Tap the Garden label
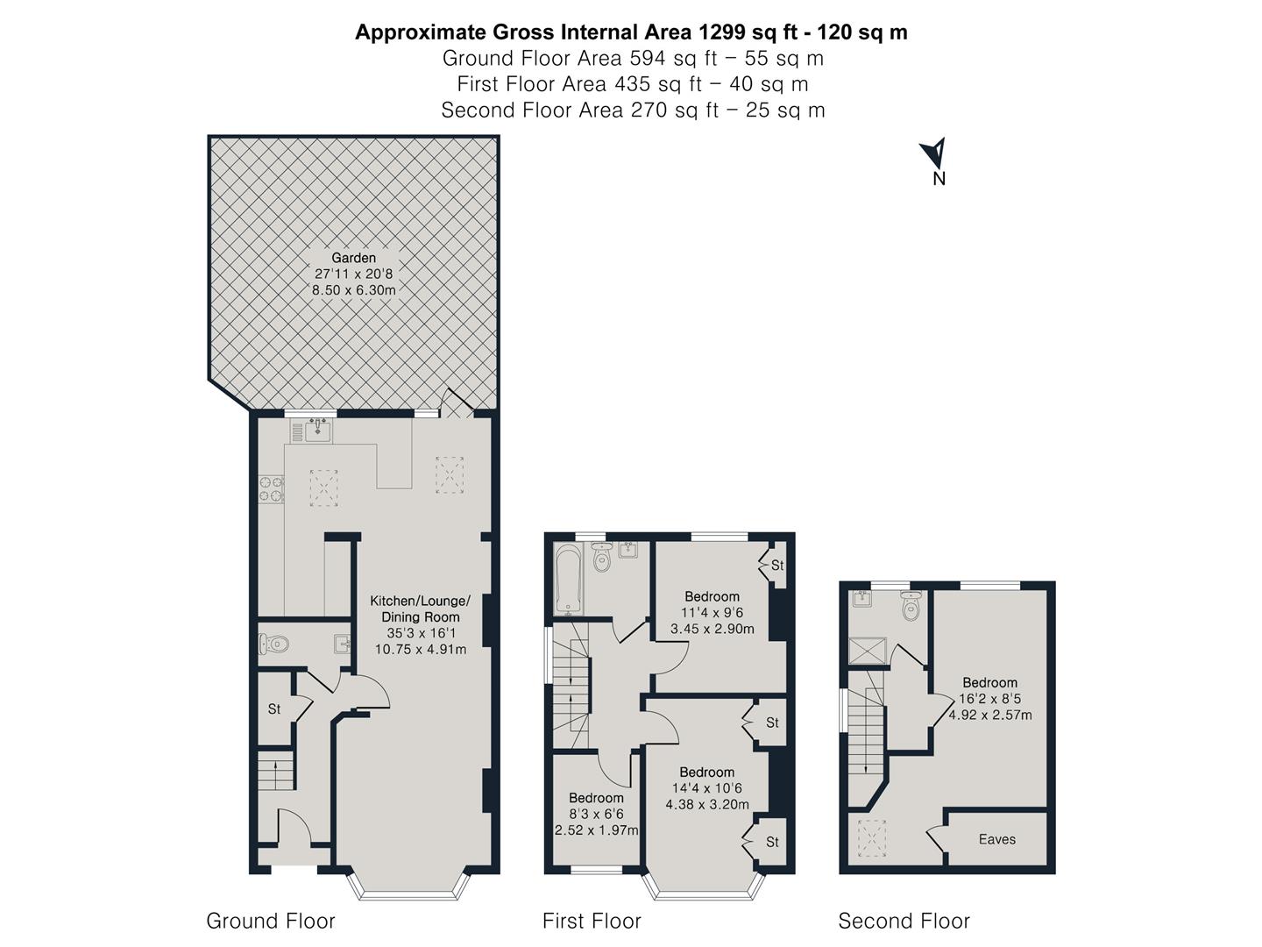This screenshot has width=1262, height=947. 353,258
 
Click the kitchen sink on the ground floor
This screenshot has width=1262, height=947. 317,431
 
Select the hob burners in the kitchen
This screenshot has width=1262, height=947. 271,489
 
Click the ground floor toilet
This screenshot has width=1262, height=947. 274,644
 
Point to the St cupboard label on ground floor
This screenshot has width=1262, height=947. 274,708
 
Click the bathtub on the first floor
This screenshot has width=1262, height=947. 568,578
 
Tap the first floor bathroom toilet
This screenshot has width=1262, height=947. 601,557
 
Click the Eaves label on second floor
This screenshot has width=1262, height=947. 996,839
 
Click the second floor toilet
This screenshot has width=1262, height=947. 911,607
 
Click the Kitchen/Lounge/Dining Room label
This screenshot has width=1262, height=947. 420,609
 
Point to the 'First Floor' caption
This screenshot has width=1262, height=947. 592,921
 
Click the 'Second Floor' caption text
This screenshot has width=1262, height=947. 904,921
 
